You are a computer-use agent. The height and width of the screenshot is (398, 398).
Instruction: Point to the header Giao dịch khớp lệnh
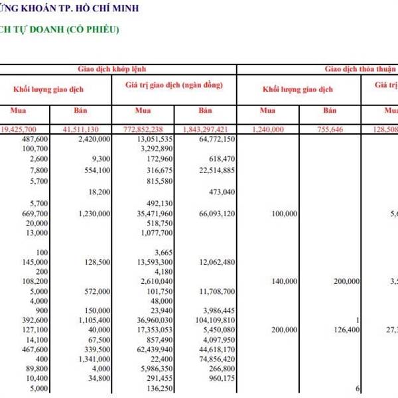(111, 68)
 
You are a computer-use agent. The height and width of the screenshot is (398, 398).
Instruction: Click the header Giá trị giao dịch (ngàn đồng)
(174, 86)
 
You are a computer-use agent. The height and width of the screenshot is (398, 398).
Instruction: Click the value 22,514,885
(212, 170)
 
